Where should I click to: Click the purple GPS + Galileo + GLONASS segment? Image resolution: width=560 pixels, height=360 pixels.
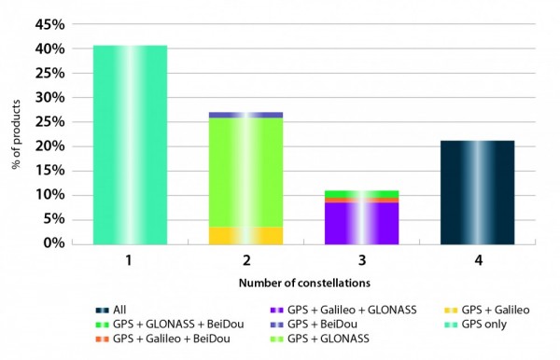(360, 223)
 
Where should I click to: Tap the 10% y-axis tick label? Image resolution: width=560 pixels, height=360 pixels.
(52, 195)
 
